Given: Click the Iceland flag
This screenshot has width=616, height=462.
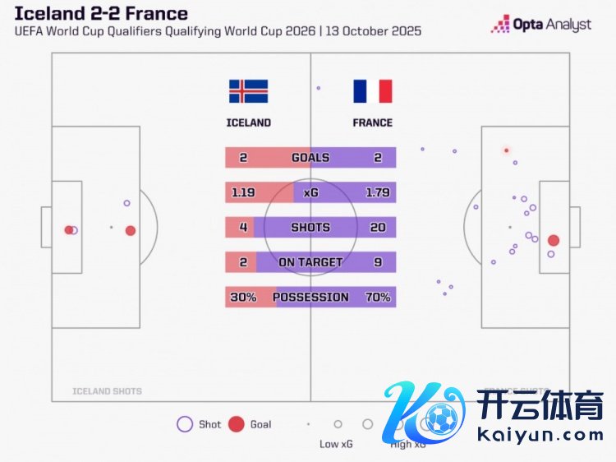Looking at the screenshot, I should [x=248, y=91].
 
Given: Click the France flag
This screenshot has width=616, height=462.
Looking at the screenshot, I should [x=373, y=91].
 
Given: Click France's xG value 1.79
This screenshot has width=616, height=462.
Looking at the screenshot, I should [x=378, y=192].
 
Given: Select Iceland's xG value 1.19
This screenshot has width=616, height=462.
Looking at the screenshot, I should [x=244, y=192].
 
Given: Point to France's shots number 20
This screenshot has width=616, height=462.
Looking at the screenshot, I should [x=378, y=227].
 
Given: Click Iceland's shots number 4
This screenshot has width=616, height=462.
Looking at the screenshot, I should [x=243, y=227].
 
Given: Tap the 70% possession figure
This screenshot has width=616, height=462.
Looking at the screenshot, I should [x=378, y=297].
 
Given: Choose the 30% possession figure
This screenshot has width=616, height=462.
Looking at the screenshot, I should [x=243, y=297].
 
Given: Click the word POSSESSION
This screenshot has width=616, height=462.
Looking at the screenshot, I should [x=310, y=297].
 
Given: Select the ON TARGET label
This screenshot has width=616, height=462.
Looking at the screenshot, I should [x=310, y=262].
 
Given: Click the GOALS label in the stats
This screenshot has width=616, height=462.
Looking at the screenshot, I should [x=310, y=158].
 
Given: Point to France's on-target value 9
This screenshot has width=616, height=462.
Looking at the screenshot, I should [x=378, y=262].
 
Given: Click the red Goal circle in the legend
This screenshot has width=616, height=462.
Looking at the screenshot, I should [x=236, y=424].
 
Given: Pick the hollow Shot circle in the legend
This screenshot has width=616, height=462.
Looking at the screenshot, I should [x=185, y=424].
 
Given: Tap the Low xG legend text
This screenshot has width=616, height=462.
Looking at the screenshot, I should [x=338, y=445].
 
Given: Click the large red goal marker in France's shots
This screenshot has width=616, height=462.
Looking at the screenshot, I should [x=554, y=241].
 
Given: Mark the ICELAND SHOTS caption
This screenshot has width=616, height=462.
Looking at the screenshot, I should [x=107, y=391].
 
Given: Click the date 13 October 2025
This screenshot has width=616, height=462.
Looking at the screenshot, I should [x=374, y=31].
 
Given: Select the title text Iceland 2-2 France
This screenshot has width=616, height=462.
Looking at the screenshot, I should [x=101, y=13].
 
